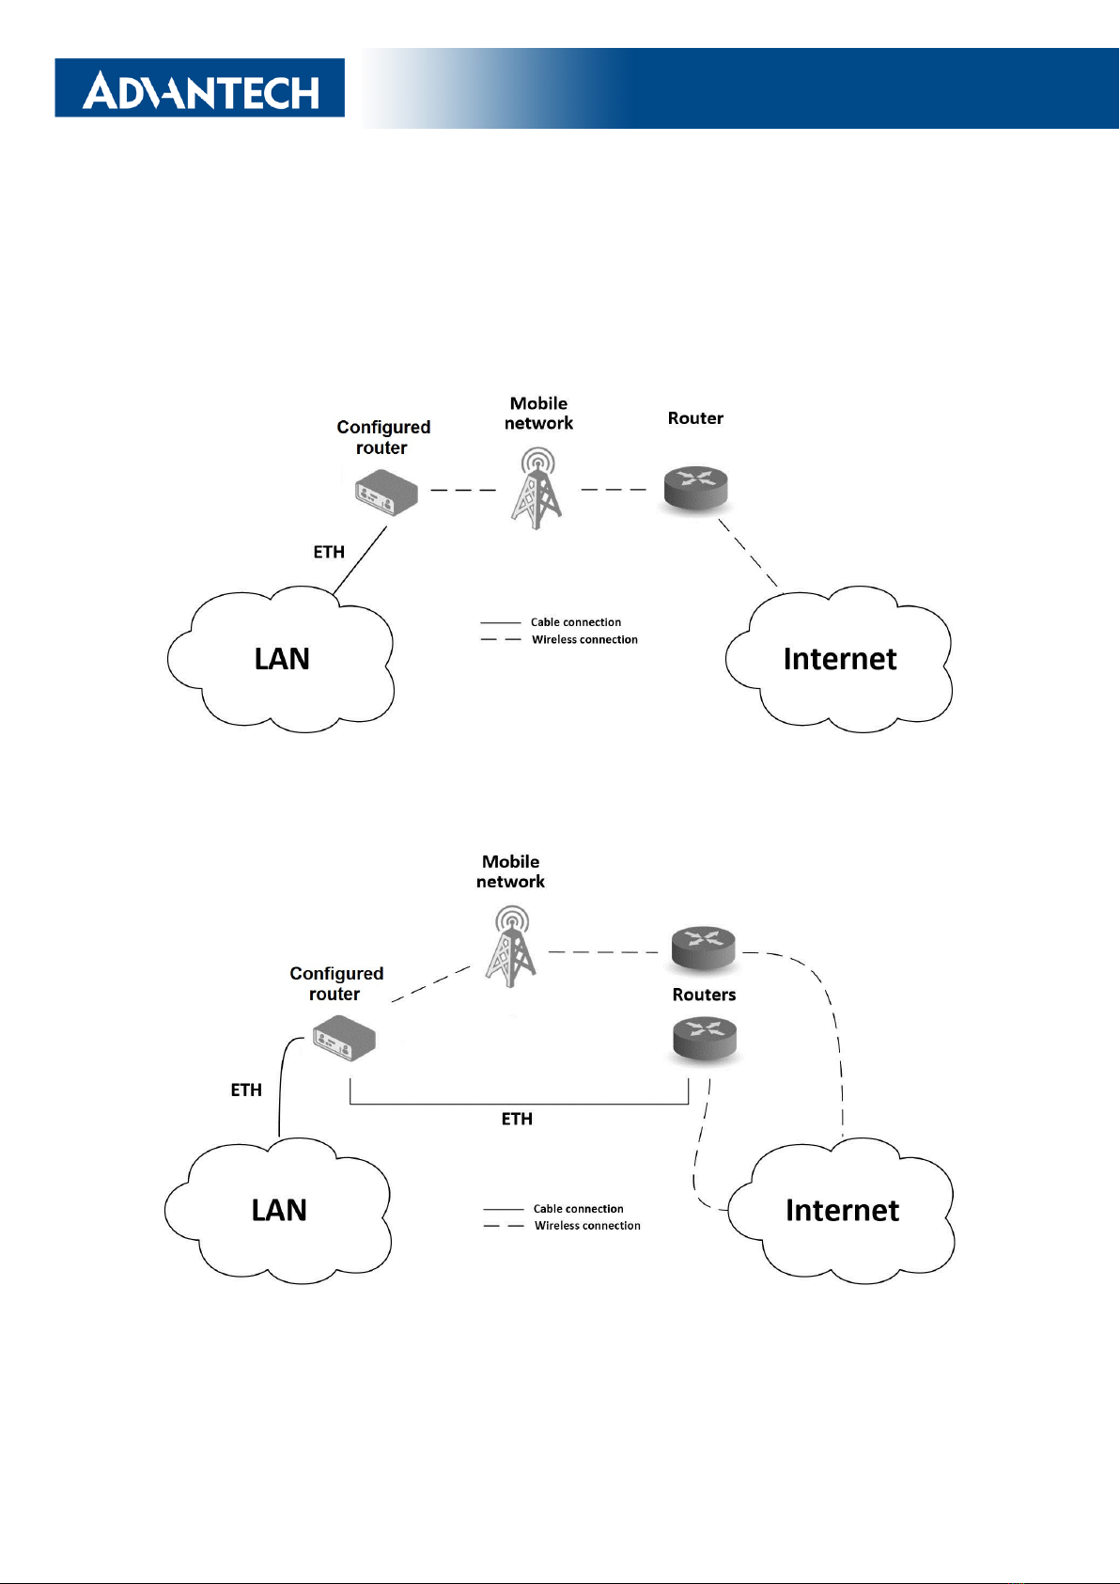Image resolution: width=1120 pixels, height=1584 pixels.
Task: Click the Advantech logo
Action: [x=200, y=88]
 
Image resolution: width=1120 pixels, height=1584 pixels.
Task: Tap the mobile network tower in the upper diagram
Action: [x=537, y=490]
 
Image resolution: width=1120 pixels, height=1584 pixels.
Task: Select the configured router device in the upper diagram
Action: [x=386, y=493]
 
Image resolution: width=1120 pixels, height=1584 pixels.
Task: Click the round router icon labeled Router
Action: [x=696, y=488]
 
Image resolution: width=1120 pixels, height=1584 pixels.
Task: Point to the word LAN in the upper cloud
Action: [x=282, y=659]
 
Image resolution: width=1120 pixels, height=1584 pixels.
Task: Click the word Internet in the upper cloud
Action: [x=840, y=659]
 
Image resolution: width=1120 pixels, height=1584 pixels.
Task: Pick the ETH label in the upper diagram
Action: [x=329, y=552]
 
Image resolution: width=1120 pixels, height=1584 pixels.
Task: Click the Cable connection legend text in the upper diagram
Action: [x=576, y=622]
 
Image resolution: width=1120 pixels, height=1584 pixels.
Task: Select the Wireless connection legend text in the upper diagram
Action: [x=584, y=640]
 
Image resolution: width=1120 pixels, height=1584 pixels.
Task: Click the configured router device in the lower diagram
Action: [x=344, y=1039]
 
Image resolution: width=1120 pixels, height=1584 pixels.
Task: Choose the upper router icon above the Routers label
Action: [x=704, y=949]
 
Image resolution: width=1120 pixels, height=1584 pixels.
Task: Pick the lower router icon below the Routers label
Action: [x=705, y=1040]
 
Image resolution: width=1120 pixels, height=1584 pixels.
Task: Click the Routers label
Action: [x=704, y=995]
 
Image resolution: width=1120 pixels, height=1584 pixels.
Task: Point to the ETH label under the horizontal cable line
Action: [x=517, y=1119]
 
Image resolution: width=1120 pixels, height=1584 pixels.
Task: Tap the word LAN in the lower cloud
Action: [x=279, y=1210]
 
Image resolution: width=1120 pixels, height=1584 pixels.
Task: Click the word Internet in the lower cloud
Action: [x=842, y=1211]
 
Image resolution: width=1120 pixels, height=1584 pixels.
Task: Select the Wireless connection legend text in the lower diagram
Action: [x=587, y=1226]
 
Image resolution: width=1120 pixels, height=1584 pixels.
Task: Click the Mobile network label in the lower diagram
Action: [x=510, y=871]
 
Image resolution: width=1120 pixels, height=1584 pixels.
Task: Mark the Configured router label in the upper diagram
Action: [x=383, y=437]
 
